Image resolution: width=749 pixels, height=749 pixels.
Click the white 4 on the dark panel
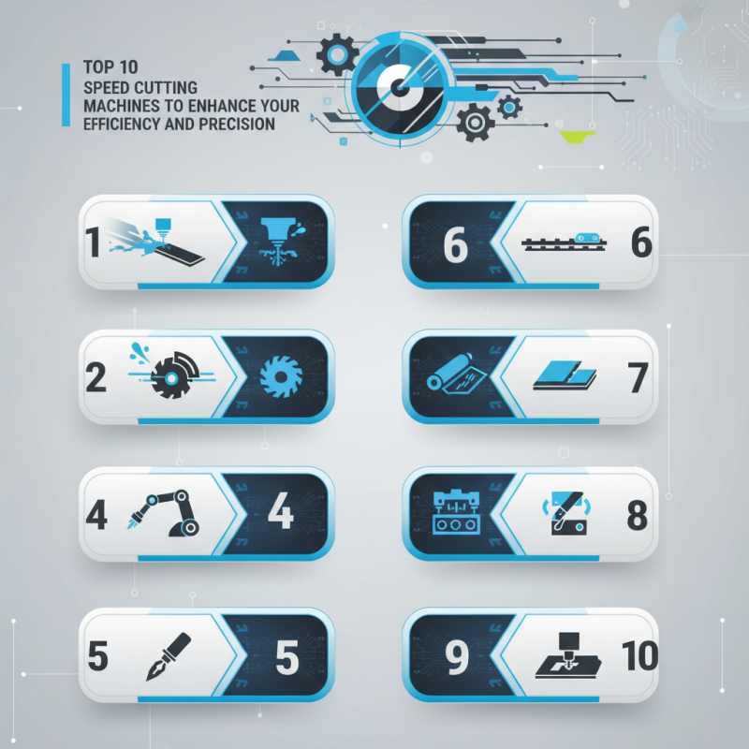click(280, 512)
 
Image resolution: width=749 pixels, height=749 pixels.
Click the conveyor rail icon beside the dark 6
click(565, 242)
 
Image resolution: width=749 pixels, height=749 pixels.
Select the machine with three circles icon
click(457, 513)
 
